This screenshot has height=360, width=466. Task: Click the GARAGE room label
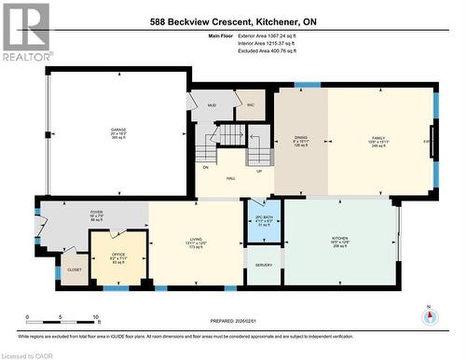point(119,130)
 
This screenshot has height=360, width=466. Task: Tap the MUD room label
point(212,105)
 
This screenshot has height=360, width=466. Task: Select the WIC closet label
point(251,104)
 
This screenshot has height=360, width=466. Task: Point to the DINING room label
point(300,136)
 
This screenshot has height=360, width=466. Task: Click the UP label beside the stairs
point(259,171)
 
